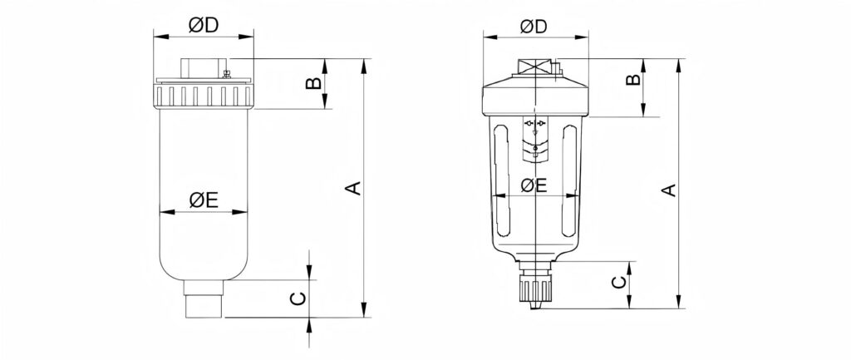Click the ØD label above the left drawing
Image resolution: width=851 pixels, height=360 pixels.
(x=204, y=25)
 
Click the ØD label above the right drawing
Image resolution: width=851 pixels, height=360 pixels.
(x=534, y=26)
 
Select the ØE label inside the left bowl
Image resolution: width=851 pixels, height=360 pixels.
(x=204, y=200)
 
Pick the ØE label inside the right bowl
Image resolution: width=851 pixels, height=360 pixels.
(x=534, y=185)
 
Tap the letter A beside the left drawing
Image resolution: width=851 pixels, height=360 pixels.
(x=353, y=188)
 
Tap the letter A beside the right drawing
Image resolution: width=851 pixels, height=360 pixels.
(x=671, y=190)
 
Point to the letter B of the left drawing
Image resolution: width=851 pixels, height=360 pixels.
(x=312, y=83)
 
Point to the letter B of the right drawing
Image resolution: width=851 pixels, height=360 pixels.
(x=633, y=80)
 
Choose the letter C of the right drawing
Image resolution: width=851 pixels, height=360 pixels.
(x=618, y=283)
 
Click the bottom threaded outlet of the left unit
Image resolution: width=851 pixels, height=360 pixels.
(x=204, y=298)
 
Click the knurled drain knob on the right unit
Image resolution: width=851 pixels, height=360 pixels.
(x=534, y=288)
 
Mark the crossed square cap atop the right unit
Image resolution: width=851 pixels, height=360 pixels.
(x=535, y=67)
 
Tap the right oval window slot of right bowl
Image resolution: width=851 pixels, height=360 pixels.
(x=569, y=180)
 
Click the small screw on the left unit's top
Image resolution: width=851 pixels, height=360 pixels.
(x=227, y=73)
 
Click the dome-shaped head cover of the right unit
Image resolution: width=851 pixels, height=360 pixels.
(x=535, y=95)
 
